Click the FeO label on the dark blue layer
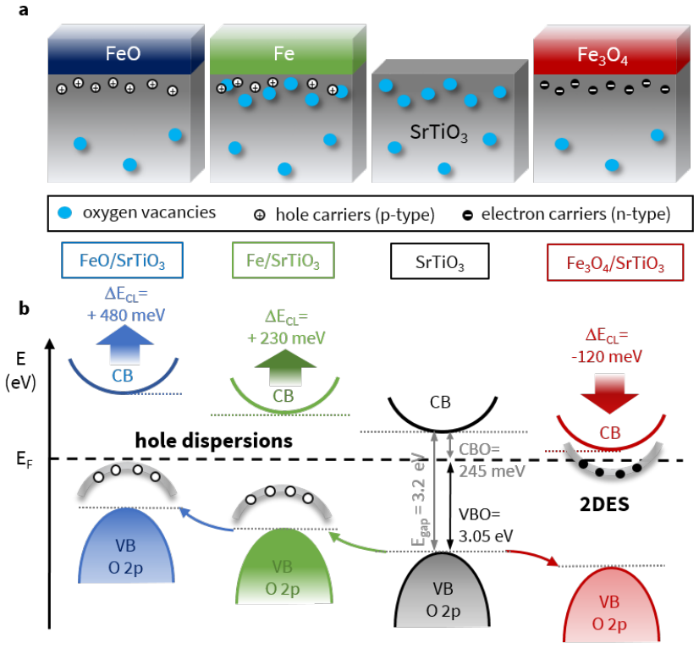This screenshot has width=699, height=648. point(123,53)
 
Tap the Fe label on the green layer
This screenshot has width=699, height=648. point(284,54)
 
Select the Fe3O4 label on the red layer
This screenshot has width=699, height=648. point(603,56)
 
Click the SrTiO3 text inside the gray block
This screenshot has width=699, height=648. point(439,133)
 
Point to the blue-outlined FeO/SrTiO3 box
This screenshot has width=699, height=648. point(122,261)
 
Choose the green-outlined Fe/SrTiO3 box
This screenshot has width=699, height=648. point(283,261)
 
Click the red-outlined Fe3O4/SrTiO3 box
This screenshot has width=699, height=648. point(615,262)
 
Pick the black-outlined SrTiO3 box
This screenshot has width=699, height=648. point(439,261)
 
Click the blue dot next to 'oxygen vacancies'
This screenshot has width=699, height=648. point(65,213)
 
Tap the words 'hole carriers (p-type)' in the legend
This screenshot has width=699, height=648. point(355,215)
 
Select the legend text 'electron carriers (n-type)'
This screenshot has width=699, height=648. point(575,214)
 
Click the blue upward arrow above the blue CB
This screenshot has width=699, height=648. point(125,344)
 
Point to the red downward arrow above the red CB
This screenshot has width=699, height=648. point(609,394)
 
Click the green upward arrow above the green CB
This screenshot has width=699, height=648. point(285,367)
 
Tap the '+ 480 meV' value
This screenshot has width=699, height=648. point(126,316)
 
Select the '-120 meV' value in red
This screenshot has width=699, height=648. point(607,356)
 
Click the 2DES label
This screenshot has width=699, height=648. point(604,504)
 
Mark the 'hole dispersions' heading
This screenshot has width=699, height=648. point(214,441)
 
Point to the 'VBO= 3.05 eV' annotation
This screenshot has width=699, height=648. point(485,525)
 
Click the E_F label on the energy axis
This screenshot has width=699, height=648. point(25,459)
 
